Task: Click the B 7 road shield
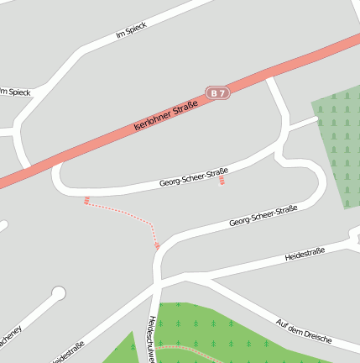(x=217, y=93)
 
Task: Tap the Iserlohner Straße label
(x=165, y=117)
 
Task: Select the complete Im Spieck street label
(x=132, y=32)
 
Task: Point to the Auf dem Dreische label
(x=304, y=333)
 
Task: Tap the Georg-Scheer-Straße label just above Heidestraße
(x=263, y=216)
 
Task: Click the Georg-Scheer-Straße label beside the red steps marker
(x=193, y=178)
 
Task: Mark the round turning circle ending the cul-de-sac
(x=58, y=293)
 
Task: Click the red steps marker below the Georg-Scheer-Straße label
(x=222, y=181)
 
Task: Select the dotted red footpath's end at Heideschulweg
(x=157, y=245)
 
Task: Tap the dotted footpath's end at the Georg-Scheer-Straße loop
(x=86, y=200)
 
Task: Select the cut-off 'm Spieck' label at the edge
(x=15, y=91)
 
